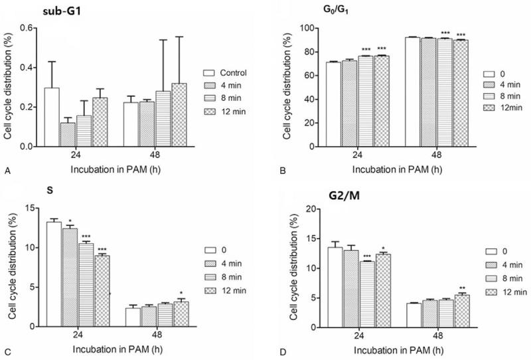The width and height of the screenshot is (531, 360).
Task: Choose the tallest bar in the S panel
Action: (x=54, y=274)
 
